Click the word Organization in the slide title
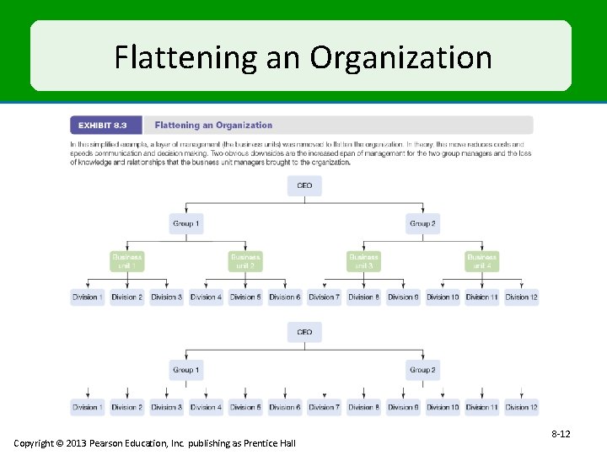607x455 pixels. [x=400, y=58]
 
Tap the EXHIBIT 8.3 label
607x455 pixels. [x=103, y=126]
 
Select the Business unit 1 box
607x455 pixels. [x=127, y=261]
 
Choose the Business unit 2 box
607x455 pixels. [x=245, y=261]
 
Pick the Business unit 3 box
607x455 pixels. [x=363, y=261]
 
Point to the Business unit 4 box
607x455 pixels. [x=481, y=261]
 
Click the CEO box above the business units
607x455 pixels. [x=304, y=185]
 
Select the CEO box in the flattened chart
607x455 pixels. [x=304, y=332]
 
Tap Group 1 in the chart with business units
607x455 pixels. [x=185, y=224]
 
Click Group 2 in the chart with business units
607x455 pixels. [x=422, y=224]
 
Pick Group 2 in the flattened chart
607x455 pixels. [x=422, y=370]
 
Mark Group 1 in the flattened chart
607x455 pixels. [x=185, y=370]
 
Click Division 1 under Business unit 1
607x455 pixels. [x=88, y=297]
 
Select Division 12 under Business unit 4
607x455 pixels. [x=521, y=297]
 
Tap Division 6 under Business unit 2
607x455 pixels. [x=284, y=297]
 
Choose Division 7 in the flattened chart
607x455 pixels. [x=324, y=408]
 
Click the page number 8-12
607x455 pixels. [x=561, y=434]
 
